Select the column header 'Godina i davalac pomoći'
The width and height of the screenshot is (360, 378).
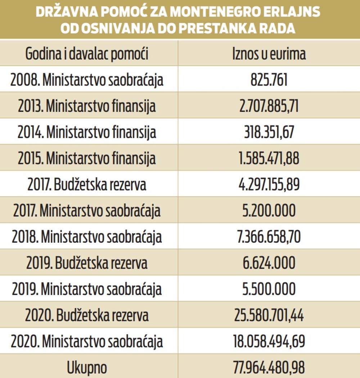(x=87, y=54)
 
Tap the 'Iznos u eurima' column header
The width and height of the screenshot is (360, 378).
(x=269, y=54)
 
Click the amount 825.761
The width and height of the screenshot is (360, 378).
(x=269, y=80)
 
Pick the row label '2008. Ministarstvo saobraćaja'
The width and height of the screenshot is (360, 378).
(x=87, y=80)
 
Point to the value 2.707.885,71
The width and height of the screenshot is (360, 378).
(x=269, y=106)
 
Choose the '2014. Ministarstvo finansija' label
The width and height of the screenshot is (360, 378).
(x=87, y=132)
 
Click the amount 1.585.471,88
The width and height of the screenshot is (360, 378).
(x=269, y=159)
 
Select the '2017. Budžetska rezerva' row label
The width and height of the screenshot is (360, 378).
(x=87, y=184)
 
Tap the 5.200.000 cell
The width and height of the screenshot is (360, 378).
(x=269, y=211)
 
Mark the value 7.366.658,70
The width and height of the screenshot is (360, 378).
(x=269, y=237)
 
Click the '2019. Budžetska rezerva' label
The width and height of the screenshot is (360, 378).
(x=87, y=263)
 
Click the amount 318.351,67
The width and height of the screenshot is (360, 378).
(x=269, y=132)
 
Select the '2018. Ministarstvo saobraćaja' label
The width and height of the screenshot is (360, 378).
(x=87, y=237)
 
